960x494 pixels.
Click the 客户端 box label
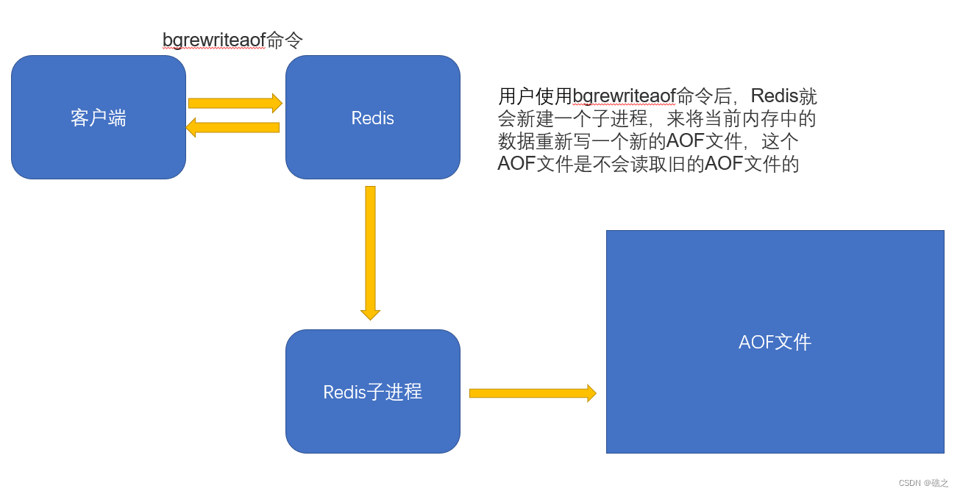(99, 118)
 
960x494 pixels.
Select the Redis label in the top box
(372, 118)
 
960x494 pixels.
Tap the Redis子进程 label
(372, 392)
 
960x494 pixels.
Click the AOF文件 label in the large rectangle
(775, 342)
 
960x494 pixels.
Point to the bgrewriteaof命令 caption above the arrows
(232, 40)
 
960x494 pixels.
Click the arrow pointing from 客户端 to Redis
(235, 104)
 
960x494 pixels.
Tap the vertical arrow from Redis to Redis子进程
(370, 250)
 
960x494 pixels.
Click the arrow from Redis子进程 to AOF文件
(532, 393)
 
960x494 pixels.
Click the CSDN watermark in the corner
(923, 483)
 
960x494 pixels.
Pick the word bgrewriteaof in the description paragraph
(624, 96)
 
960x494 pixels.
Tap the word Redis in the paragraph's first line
(774, 96)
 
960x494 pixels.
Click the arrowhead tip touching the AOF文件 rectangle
(592, 393)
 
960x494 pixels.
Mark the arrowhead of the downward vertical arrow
(370, 315)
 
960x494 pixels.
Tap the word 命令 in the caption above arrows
(285, 40)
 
